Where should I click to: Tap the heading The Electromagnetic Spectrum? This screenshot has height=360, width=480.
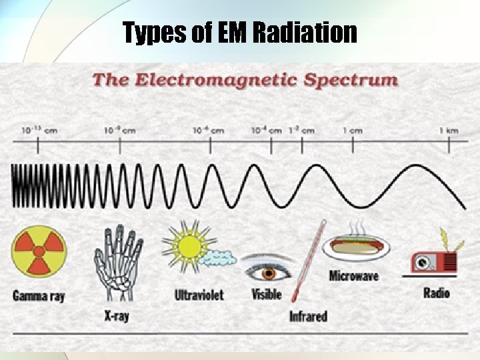tap(245, 81)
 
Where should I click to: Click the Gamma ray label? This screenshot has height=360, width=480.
tap(39, 295)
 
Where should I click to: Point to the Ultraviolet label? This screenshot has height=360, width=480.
tap(199, 294)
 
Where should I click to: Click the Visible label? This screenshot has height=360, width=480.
tap(267, 293)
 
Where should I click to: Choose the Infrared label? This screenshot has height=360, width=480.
tap(308, 315)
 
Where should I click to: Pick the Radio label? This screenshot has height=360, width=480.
tap(437, 293)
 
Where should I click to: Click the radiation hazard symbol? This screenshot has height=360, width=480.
tap(39, 251)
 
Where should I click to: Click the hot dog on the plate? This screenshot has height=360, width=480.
tap(356, 247)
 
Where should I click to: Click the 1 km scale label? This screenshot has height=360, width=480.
tap(448, 131)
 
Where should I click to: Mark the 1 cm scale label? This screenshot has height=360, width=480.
tap(352, 131)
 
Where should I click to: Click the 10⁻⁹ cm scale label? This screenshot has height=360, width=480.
tap(119, 131)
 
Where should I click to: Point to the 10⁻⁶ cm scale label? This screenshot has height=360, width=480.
tap(208, 131)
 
